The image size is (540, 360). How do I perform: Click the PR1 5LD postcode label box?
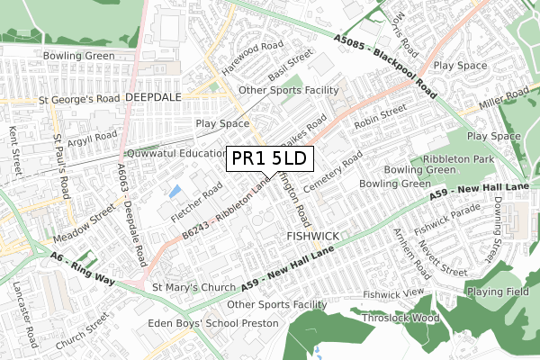[269, 158]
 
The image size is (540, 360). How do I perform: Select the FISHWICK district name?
[312, 236]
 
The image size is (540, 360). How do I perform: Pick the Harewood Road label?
[253, 44]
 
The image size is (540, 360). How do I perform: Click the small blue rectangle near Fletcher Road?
[175, 191]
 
